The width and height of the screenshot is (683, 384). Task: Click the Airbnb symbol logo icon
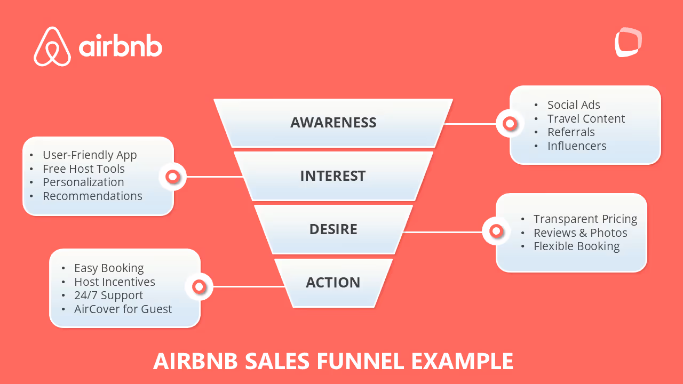click(x=52, y=46)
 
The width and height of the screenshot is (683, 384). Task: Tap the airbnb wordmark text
click(x=121, y=47)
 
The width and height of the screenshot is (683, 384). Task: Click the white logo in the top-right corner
click(x=628, y=43)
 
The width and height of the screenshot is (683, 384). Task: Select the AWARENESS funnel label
click(x=333, y=123)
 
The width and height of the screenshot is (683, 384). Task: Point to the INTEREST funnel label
click(x=333, y=176)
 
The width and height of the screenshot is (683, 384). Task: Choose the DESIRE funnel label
click(x=333, y=229)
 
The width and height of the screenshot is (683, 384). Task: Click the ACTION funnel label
click(x=333, y=283)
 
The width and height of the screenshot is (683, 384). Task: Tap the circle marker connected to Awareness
click(x=510, y=124)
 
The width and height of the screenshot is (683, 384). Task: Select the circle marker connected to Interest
click(x=172, y=177)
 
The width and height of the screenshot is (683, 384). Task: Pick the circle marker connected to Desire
click(x=496, y=231)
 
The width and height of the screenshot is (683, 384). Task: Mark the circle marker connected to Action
click(x=199, y=287)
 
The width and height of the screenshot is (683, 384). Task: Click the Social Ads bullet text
click(x=574, y=105)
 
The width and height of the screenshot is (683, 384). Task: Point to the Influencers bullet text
click(x=577, y=146)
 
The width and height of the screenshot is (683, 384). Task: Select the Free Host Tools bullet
click(x=84, y=169)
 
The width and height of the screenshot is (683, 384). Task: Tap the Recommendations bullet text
click(x=92, y=196)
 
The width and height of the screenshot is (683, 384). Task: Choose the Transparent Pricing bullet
click(x=585, y=219)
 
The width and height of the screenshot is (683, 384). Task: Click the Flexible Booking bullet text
click(x=576, y=246)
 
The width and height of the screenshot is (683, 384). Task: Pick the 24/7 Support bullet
click(x=108, y=295)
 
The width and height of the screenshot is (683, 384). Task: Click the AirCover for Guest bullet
click(x=123, y=309)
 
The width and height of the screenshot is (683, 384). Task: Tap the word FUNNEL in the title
click(x=361, y=361)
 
